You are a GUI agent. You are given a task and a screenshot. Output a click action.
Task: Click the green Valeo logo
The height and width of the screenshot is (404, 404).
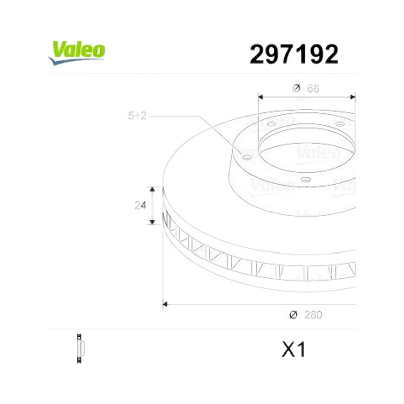77,53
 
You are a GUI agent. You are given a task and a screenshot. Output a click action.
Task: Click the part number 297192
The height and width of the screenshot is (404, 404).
294,55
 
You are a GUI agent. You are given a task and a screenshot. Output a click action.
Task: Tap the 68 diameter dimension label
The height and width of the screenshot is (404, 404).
313,89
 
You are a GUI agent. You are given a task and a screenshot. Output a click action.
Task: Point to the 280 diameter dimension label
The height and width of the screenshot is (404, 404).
313,315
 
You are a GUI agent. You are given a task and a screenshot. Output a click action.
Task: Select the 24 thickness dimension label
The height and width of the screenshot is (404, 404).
140,206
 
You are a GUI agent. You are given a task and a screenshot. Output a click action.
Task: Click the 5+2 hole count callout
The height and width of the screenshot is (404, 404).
137,116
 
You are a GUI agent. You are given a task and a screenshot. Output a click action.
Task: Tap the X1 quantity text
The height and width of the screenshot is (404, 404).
293,349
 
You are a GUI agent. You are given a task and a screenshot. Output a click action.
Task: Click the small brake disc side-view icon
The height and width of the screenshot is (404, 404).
80,348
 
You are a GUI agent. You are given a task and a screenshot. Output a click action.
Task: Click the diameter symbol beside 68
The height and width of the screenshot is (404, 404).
296,88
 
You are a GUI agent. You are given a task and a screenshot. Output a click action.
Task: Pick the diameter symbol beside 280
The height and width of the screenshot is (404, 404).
293,315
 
